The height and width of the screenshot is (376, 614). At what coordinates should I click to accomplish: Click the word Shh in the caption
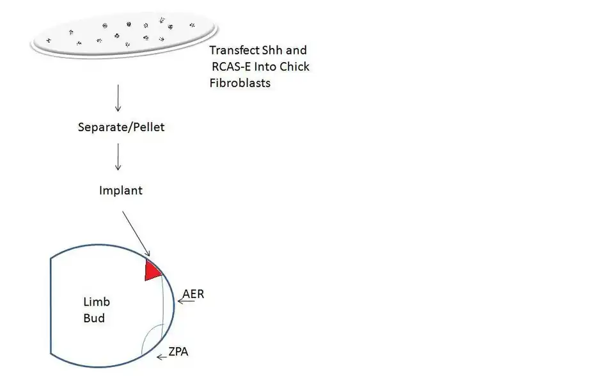tap(269, 51)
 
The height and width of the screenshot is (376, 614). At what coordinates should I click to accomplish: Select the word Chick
tap(295, 67)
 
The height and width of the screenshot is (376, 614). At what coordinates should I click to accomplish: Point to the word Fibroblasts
tap(240, 82)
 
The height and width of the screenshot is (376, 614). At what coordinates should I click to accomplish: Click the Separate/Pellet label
tap(120, 127)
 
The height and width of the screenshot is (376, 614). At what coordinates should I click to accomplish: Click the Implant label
tap(121, 191)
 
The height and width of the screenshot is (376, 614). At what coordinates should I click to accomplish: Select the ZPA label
tap(178, 351)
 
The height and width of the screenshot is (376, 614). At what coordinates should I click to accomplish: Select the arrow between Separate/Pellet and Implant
tap(118, 157)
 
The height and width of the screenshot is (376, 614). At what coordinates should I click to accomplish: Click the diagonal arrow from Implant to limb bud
tap(136, 232)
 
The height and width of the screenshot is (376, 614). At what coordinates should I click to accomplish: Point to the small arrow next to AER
tap(186, 301)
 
